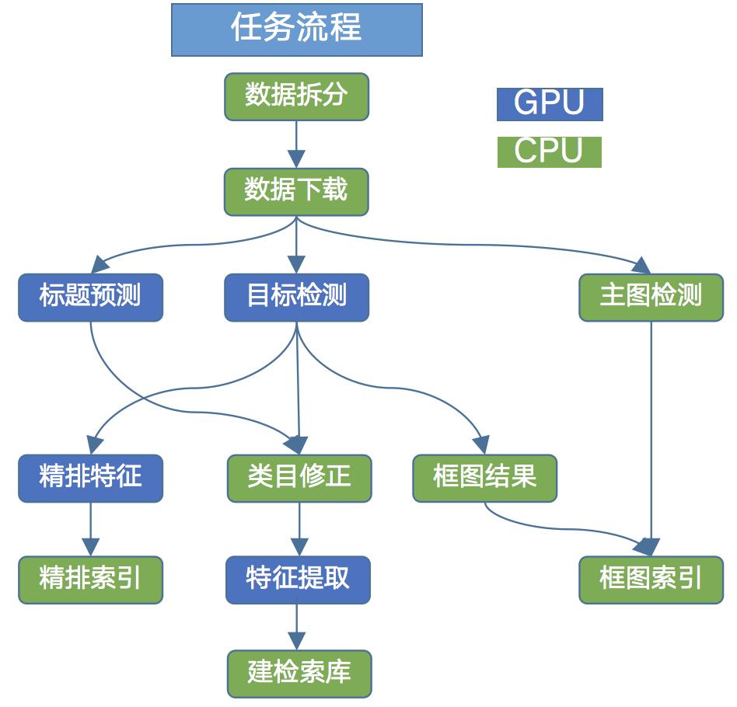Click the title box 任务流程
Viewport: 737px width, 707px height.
coord(296,30)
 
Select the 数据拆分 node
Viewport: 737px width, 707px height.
coord(296,97)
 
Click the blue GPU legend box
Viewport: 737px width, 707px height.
coord(550,104)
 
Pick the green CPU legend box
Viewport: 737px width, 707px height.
coord(549,151)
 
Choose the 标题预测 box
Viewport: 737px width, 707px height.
coord(91,297)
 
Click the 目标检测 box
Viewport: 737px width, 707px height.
coord(296,297)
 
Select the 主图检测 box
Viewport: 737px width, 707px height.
coord(651,297)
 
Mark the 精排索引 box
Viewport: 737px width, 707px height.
coord(91,580)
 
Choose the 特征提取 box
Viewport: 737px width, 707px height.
coord(298,580)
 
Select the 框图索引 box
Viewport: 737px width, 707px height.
coord(651,580)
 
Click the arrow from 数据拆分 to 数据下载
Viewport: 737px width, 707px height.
coord(296,145)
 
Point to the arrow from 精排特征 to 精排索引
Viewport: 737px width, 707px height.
coord(91,529)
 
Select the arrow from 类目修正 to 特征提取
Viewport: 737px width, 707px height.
coord(299,529)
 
